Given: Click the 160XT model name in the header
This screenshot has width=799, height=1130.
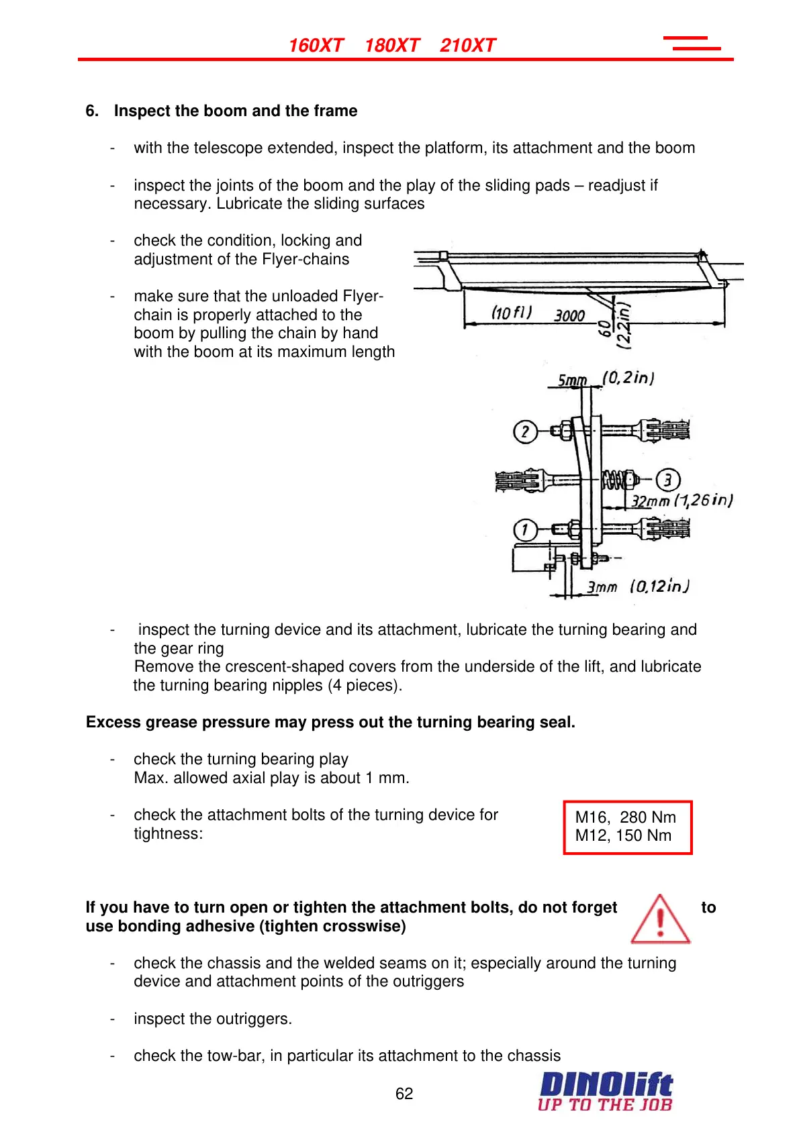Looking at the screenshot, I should coord(316,46).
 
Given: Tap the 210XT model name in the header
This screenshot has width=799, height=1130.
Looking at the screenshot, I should coord(467,46).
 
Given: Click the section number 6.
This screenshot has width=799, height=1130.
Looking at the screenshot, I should coord(92,111).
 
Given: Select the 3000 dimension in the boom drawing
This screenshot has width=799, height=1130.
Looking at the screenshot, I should coord(569,315).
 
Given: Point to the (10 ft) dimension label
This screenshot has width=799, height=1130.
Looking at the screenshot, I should coord(512,313).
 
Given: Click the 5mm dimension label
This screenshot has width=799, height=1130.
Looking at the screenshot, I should coord(572,381).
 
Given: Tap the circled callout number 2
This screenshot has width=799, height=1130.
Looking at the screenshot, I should coord(525,431).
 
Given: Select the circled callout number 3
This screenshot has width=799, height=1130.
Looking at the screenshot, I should coord(667,480).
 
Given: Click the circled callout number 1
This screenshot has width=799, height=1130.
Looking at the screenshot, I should coord(525,530).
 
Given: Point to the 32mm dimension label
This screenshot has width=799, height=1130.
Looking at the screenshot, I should coord(650,501).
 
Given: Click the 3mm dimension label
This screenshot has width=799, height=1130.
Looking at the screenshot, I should coord(602,588).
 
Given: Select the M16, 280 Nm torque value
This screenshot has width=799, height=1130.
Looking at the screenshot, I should coord(625,817).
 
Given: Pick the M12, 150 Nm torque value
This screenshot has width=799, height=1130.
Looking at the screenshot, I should coord(623,835).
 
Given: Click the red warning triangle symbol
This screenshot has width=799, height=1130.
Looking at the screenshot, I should coord(660,919).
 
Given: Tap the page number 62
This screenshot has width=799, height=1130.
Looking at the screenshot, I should coord(404,1094).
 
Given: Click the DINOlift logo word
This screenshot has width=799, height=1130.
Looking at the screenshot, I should coord(606,1084).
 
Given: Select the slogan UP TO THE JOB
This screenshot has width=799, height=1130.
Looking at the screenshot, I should coord(604,1105).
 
